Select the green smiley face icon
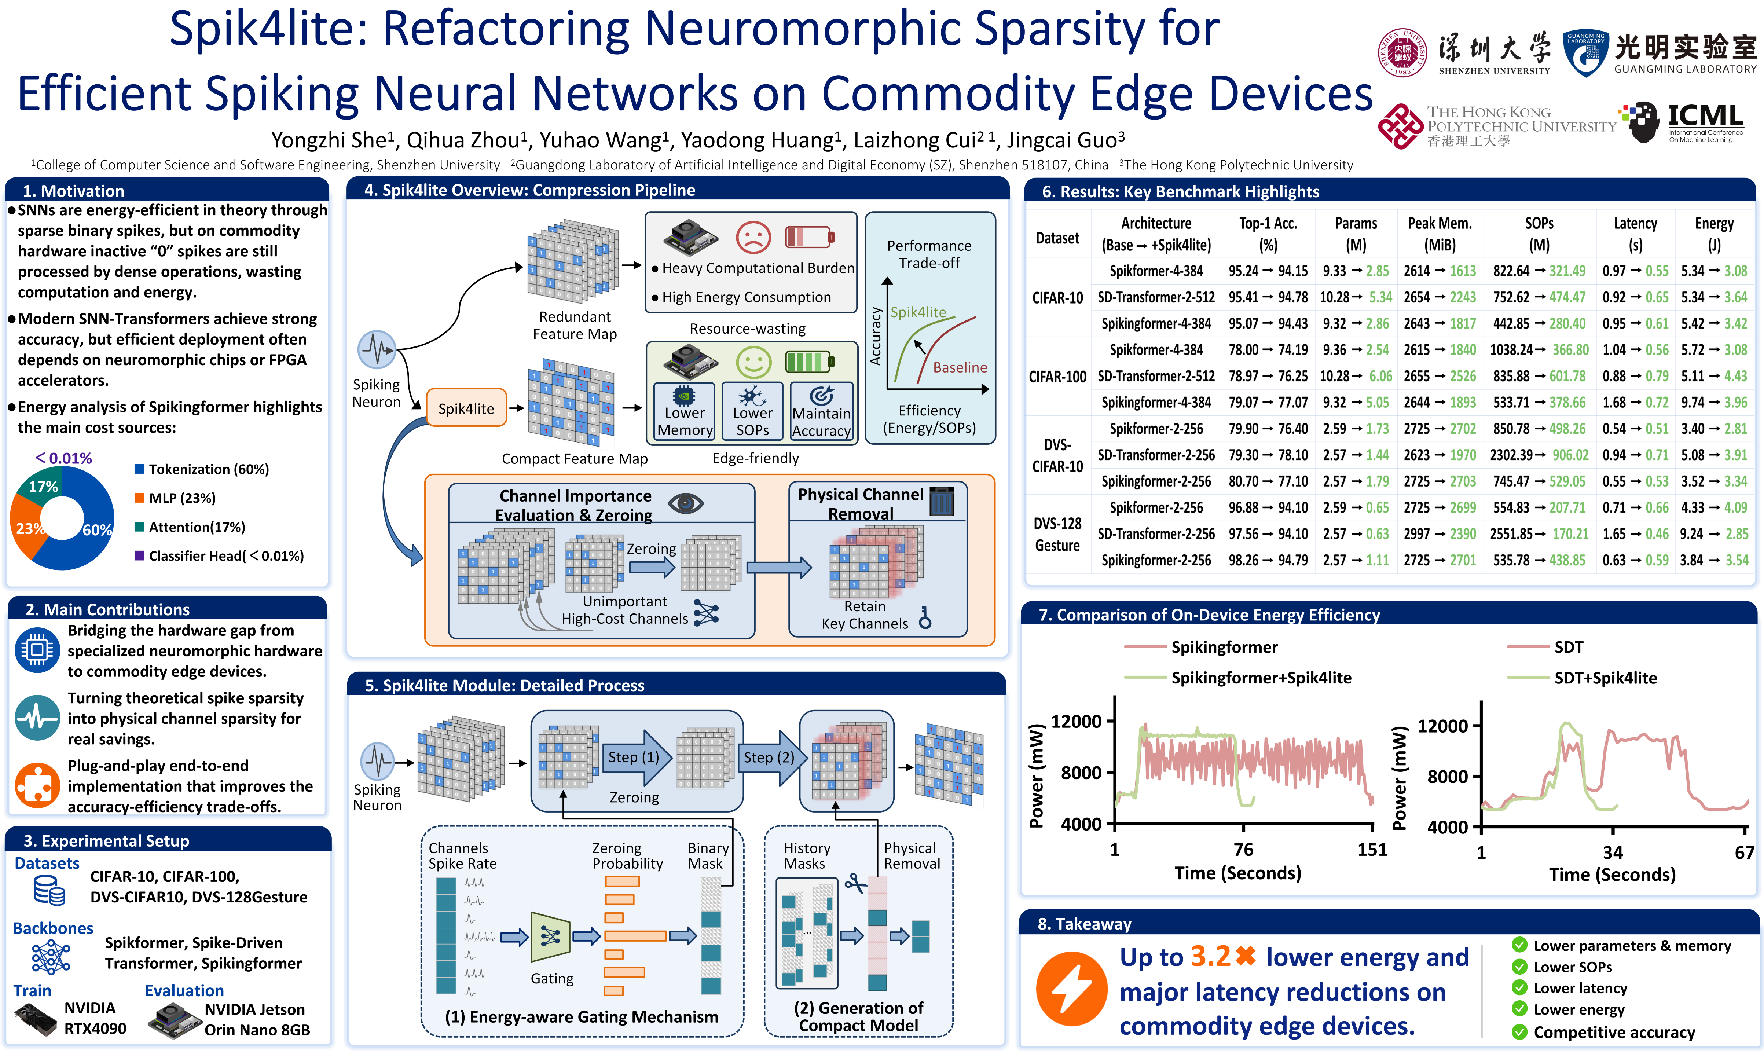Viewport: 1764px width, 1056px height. pos(753,362)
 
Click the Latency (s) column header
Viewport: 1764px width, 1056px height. pos(1635,234)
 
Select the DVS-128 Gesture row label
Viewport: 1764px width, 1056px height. pos(1057,534)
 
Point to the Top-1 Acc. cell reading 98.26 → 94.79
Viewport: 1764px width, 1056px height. pos(1268,560)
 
